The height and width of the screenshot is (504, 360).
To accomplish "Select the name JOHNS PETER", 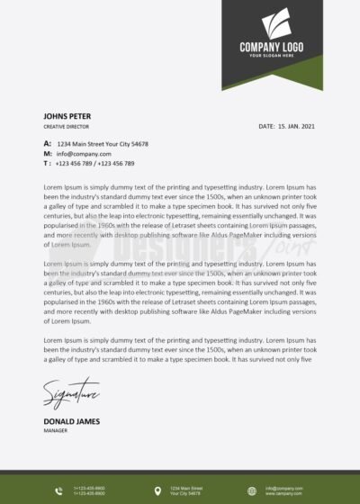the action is tap(67, 116).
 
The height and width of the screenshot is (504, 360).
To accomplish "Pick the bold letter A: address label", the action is tap(47, 144).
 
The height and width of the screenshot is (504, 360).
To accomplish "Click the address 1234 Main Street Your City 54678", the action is tap(103, 144).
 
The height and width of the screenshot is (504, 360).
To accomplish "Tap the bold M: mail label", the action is tap(47, 154).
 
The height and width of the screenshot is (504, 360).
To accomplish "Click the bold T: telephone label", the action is tap(47, 164).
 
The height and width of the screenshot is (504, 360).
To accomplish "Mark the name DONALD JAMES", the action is tap(71, 421).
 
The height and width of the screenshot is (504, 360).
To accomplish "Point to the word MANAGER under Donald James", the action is tap(56, 430).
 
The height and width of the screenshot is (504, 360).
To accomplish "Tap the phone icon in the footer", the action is tap(59, 490).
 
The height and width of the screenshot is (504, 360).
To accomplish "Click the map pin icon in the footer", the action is tap(158, 490).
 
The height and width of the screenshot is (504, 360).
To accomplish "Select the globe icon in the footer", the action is tap(253, 490).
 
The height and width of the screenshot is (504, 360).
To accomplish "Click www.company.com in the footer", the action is tap(283, 494).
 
